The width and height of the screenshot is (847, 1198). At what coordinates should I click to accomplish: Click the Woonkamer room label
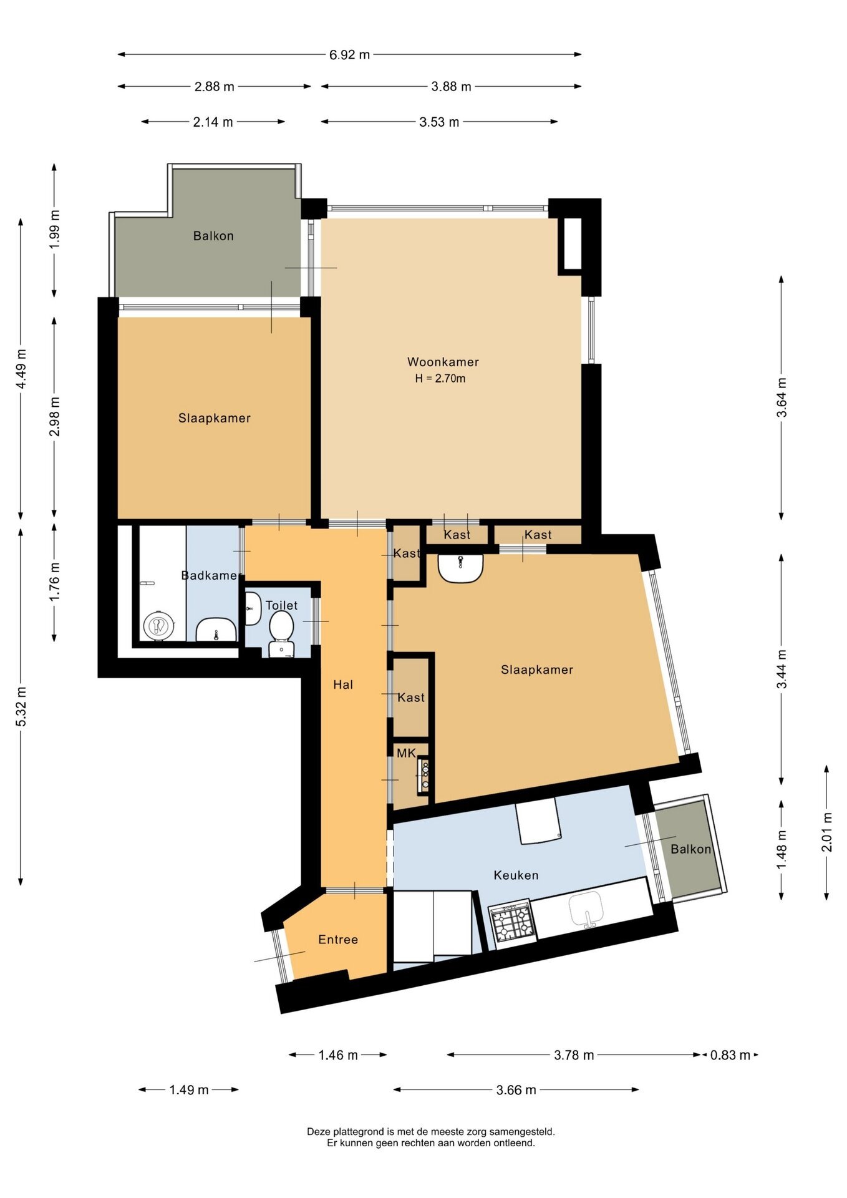[x=443, y=362]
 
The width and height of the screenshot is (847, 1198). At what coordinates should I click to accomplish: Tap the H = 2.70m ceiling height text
[x=440, y=379]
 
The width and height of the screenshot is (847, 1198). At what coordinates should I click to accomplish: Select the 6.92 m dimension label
[x=349, y=55]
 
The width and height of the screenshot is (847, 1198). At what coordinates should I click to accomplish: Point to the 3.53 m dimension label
[x=439, y=122]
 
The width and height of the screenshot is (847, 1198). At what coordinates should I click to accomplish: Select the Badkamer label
[x=209, y=575]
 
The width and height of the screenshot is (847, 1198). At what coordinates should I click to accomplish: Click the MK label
[x=406, y=754]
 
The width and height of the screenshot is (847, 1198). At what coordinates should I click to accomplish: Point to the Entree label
[x=338, y=940]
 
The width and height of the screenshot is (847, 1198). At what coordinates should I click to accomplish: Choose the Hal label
[x=343, y=685]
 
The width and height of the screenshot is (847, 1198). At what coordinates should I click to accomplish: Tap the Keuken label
[x=516, y=875]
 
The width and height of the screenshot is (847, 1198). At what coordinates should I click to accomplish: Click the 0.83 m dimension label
[x=730, y=1055]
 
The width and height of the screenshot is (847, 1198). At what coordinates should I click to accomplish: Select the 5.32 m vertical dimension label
[x=21, y=706]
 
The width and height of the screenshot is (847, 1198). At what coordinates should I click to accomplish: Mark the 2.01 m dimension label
[x=827, y=832]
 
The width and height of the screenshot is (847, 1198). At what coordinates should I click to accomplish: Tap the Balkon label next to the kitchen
[x=690, y=849]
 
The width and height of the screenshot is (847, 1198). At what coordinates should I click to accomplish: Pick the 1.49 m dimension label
[x=189, y=1090]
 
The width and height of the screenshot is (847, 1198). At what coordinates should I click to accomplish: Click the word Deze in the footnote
[x=319, y=1131]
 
